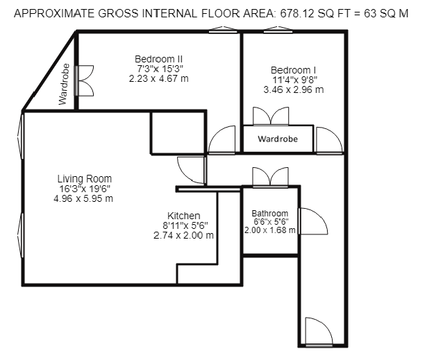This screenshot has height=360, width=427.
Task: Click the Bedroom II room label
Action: pyautogui.click(x=158, y=59)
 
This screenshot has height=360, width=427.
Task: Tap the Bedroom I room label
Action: pyautogui.click(x=293, y=70)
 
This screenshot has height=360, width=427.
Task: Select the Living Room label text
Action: pyautogui.click(x=85, y=179)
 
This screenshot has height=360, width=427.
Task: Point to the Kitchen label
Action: pyautogui.click(x=184, y=216)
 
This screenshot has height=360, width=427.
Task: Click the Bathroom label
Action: pyautogui.click(x=270, y=213)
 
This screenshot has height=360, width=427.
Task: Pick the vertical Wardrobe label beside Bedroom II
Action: pyautogui.click(x=64, y=84)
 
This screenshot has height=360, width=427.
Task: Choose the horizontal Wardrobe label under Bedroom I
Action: pyautogui.click(x=278, y=139)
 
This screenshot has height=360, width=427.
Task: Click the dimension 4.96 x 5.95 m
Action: pyautogui.click(x=83, y=198)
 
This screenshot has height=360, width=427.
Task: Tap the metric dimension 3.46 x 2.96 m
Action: pyautogui.click(x=294, y=89)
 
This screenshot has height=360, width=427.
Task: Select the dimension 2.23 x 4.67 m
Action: pyautogui.click(x=159, y=78)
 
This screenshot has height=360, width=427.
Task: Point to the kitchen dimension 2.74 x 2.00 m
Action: pyautogui.click(x=183, y=235)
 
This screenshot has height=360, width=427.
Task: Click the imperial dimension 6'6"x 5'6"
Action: pyautogui.click(x=270, y=222)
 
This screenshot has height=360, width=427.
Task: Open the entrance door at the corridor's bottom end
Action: pyautogui.click(x=319, y=332)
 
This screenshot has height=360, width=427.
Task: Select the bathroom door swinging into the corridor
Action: pyautogui.click(x=313, y=221)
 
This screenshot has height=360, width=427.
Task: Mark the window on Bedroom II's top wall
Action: pyautogui.click(x=223, y=30)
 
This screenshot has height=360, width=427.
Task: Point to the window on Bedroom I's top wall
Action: pyautogui.click(x=278, y=30)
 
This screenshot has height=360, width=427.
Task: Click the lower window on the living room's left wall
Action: pyautogui.click(x=21, y=235)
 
